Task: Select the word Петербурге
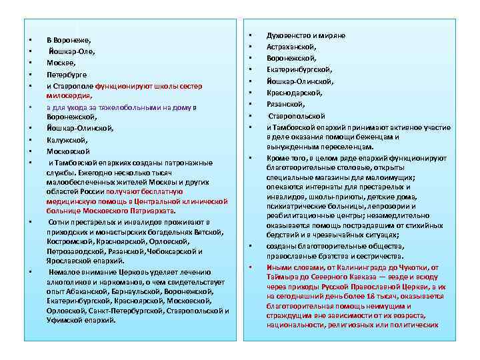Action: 67,74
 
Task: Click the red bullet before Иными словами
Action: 249,267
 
